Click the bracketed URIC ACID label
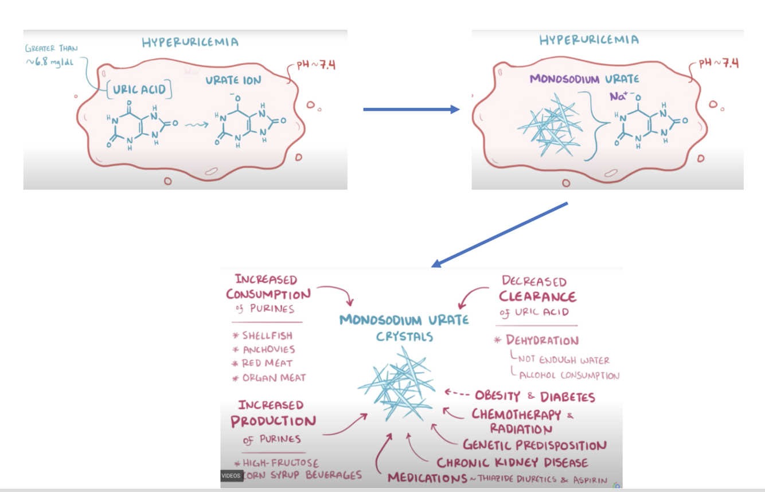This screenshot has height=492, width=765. click(139, 89)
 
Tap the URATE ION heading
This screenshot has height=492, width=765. click(233, 81)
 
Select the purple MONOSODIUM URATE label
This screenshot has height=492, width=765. click(584, 79)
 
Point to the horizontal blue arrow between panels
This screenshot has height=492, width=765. click(411, 109)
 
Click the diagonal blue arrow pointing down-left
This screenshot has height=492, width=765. click(499, 235)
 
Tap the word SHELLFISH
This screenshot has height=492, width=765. click(267, 335)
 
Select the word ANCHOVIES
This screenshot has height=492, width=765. click(268, 349)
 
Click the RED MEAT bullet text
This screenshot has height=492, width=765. click(267, 363)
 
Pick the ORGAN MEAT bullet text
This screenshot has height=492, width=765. click(274, 377)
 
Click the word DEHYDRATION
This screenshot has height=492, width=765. click(542, 341)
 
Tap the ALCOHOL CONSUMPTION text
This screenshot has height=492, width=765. click(569, 376)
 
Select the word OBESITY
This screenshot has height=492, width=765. click(497, 396)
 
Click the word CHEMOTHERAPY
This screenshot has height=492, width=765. click(516, 414)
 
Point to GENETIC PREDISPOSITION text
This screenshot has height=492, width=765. click(534, 445)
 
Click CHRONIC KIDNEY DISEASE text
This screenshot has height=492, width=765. click(512, 462)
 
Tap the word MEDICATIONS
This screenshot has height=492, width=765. click(427, 478)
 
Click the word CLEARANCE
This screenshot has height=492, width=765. click(537, 296)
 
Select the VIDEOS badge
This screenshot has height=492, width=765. click(231, 475)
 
